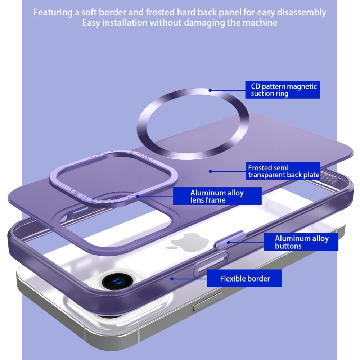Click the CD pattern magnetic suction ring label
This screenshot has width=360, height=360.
click(283, 90)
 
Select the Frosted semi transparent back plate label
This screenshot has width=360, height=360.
click(284, 171)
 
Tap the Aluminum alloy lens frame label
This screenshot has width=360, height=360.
click(217, 196)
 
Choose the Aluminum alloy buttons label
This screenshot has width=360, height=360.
click(301, 242)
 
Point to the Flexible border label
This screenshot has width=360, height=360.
click(245, 278)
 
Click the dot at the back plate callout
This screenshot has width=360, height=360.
click(210, 171)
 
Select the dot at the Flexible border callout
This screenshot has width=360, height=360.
click(172, 278)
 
